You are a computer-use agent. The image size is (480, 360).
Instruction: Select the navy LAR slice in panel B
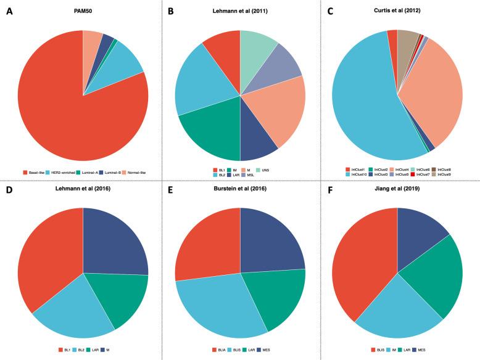257,145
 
